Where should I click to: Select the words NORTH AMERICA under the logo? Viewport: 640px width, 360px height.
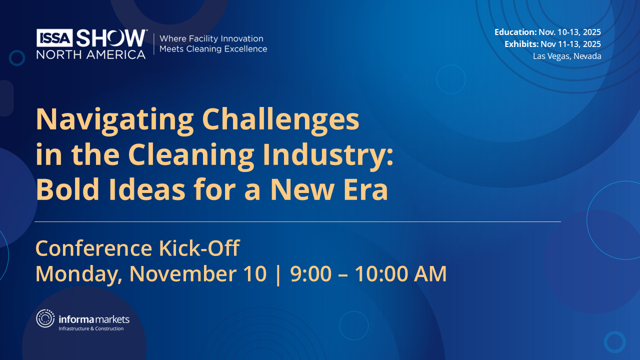90,54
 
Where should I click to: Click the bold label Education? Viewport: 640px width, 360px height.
515,32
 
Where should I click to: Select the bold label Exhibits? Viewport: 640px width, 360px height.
521,44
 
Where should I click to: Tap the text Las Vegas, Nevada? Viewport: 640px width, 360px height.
567,56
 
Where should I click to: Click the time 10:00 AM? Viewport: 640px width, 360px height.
400,274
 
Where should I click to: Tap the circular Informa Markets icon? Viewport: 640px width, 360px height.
45,318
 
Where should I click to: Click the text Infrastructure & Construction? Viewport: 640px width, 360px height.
91,328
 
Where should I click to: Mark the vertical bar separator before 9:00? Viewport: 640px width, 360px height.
278,274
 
